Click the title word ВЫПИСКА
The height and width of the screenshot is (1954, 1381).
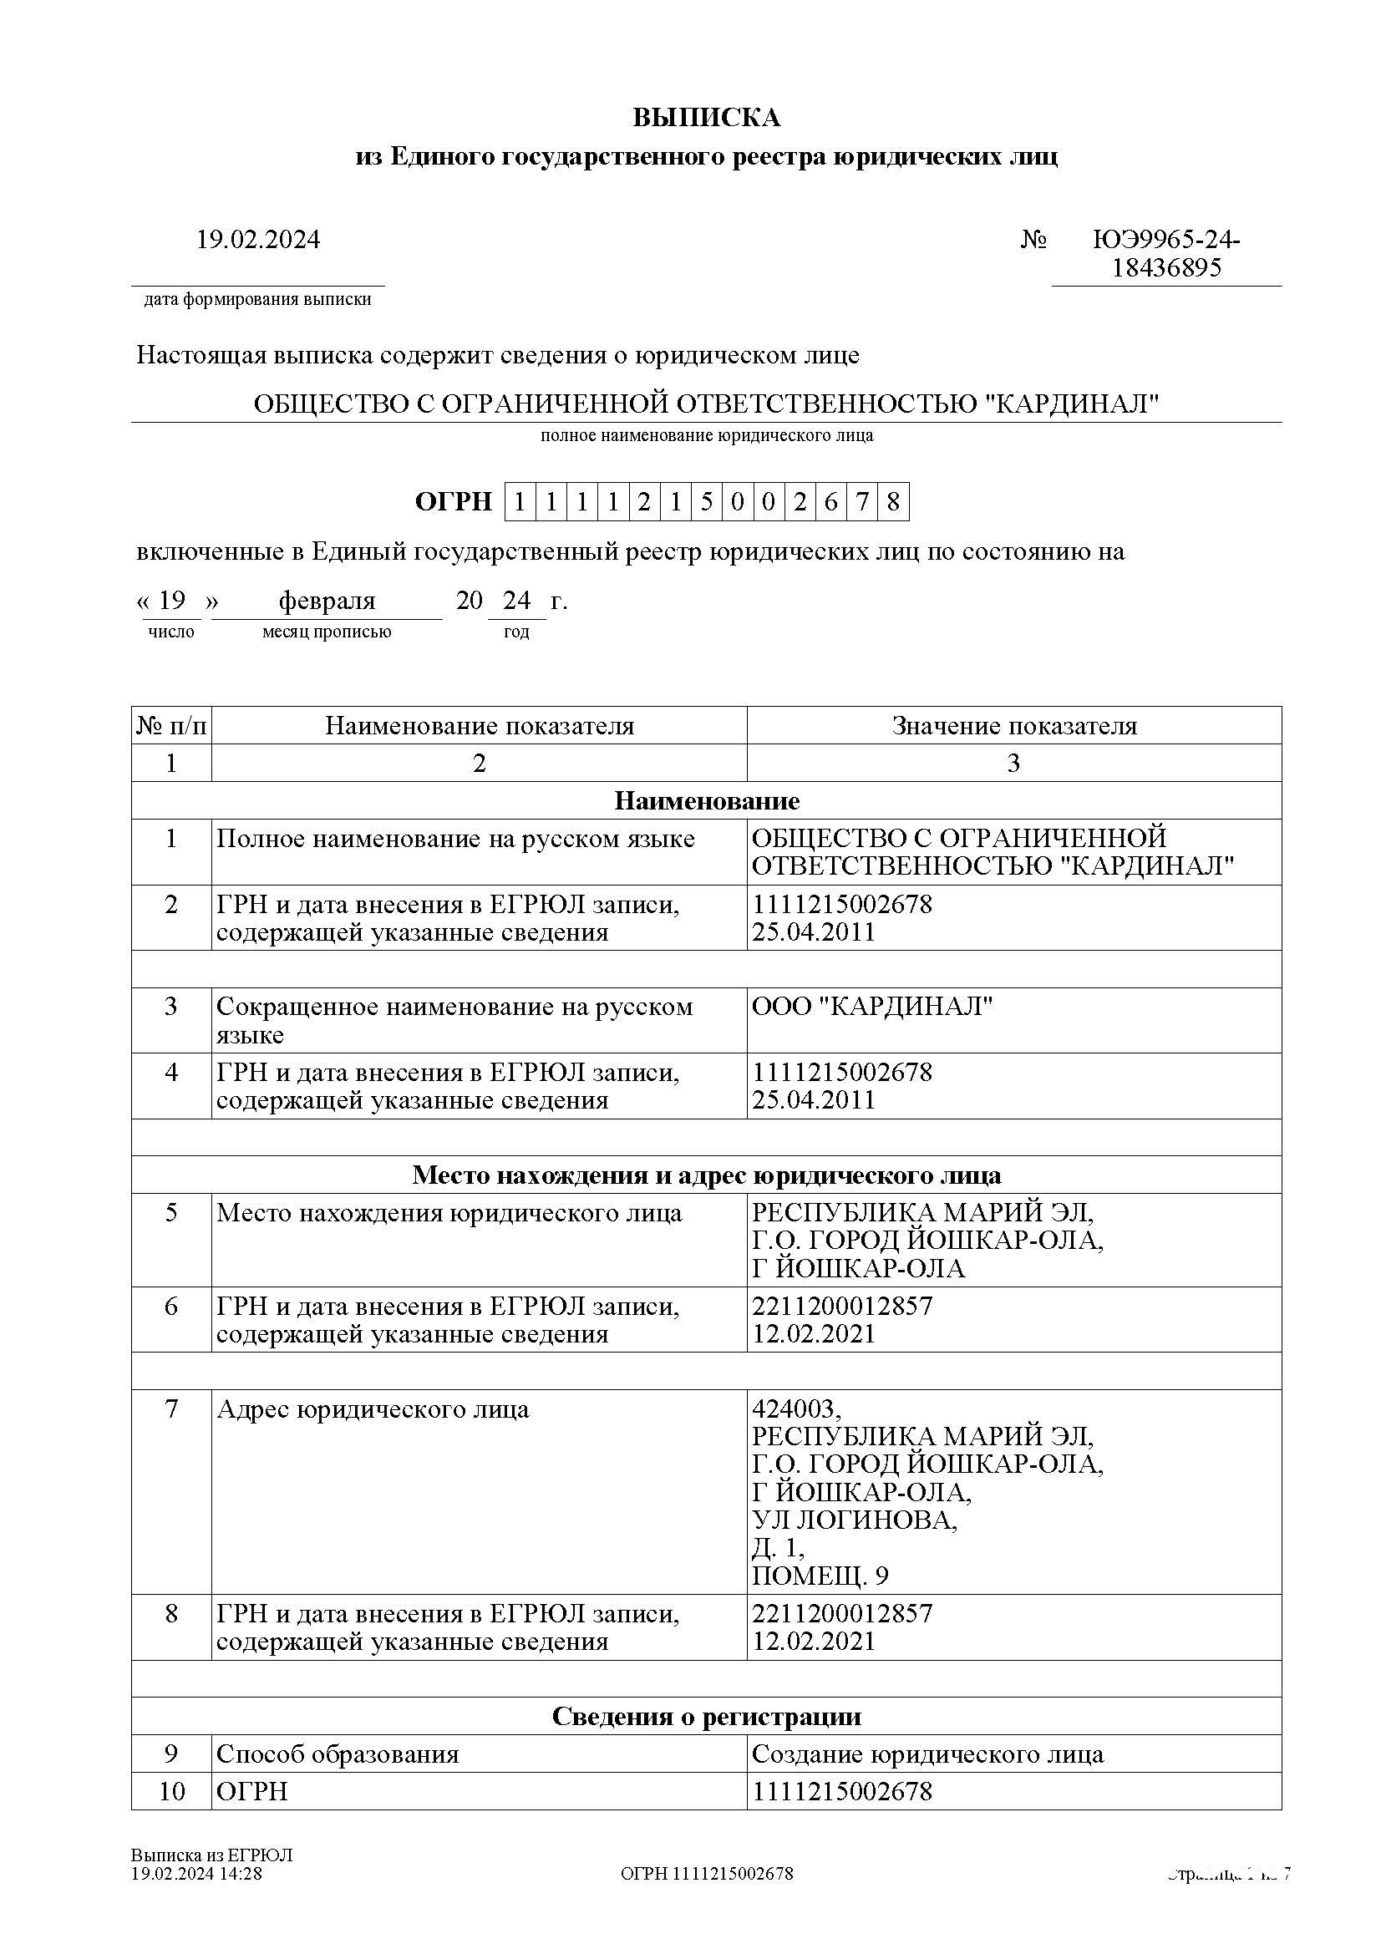click(706, 118)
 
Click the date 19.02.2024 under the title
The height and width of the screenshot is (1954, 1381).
click(258, 240)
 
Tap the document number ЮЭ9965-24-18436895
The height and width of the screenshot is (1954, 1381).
click(1165, 254)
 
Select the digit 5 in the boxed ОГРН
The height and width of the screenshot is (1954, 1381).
click(706, 502)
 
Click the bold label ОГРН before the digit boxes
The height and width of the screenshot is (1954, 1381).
click(454, 502)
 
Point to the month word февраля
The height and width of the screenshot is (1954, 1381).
click(327, 601)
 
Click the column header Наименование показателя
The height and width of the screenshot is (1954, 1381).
click(479, 726)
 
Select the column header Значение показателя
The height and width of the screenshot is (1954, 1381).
click(1014, 726)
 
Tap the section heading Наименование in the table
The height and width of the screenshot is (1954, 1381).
click(706, 801)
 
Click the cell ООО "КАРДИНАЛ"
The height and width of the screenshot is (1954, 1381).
click(872, 1007)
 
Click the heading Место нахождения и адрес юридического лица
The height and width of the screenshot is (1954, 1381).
click(706, 1175)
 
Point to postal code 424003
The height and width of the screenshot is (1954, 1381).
click(795, 1409)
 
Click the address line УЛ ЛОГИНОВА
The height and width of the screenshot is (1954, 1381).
click(855, 1520)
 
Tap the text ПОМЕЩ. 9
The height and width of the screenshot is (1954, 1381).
click(820, 1576)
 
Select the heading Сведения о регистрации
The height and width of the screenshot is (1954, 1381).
click(706, 1717)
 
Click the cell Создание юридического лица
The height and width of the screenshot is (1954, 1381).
click(927, 1754)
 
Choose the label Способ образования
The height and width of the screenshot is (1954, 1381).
click(337, 1754)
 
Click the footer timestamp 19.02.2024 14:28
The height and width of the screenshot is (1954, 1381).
click(196, 1873)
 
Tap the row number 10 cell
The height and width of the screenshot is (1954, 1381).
click(171, 1791)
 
